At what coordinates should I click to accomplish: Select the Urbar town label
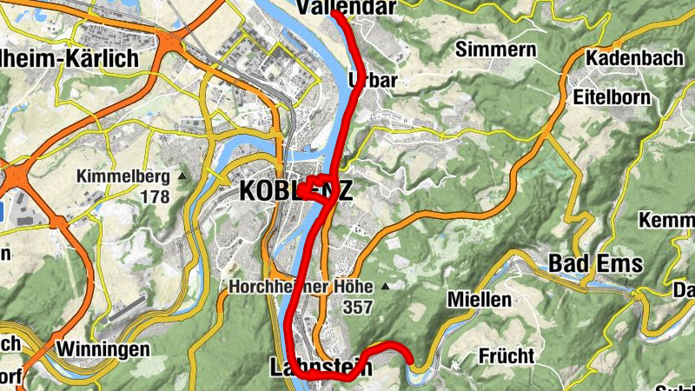[372, 80]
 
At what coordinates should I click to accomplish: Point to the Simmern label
[495, 49]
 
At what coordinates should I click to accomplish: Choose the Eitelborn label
[612, 96]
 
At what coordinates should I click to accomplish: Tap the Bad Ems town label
[595, 262]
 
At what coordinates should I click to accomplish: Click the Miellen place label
[479, 300]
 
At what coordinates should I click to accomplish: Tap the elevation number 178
[154, 196]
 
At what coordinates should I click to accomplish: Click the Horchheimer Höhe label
[301, 286]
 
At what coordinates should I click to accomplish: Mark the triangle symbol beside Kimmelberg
[182, 176]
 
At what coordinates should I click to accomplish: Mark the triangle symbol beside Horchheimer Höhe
[385, 286]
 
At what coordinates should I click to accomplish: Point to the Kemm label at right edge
[667, 221]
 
